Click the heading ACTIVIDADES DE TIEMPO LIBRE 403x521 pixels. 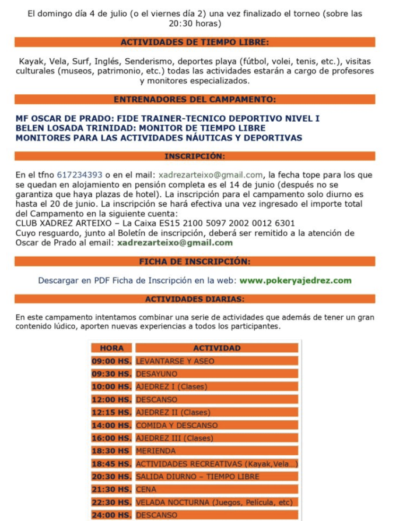click(195, 42)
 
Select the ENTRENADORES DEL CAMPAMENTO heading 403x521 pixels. click(195, 99)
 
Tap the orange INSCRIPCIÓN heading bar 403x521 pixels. click(195, 156)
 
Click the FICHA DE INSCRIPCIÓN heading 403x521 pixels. click(195, 261)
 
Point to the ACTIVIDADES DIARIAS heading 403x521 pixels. click(195, 299)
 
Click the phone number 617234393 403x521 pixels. click(79, 174)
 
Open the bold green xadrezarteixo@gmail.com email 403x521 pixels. click(175, 243)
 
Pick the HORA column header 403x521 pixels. click(111, 348)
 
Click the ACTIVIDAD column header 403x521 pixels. click(216, 348)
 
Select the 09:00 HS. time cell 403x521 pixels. click(111, 361)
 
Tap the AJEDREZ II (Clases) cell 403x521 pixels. click(173, 412)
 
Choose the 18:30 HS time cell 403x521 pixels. click(111, 451)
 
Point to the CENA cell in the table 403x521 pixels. click(146, 490)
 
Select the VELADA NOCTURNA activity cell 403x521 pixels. click(213, 502)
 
